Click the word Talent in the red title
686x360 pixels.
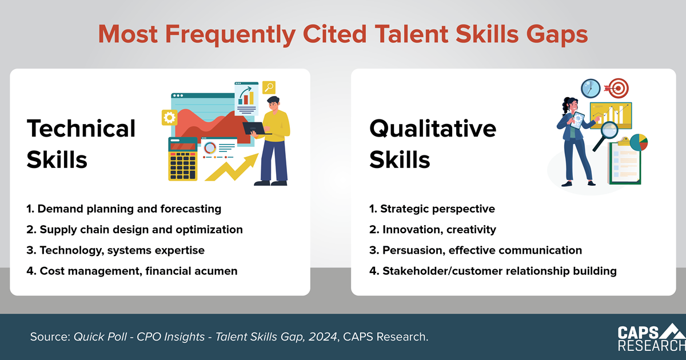click(411, 34)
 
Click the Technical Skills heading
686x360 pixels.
click(81, 144)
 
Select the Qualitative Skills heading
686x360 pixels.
click(433, 144)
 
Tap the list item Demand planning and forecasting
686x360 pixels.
click(123, 209)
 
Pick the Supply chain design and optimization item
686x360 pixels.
click(135, 230)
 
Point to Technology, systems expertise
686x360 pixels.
click(115, 250)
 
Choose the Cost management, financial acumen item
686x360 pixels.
click(132, 271)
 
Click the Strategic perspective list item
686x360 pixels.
click(432, 209)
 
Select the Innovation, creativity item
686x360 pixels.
click(433, 230)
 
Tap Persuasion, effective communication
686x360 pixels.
click(476, 250)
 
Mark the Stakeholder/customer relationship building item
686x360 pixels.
click(493, 271)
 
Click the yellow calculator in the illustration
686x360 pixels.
click(183, 159)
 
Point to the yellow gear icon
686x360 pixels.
click(169, 118)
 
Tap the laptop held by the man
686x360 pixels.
click(256, 128)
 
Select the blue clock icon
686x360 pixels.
click(591, 89)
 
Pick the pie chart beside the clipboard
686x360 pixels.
click(639, 142)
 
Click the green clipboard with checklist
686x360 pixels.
click(624, 161)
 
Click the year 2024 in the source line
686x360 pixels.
click(323, 337)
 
